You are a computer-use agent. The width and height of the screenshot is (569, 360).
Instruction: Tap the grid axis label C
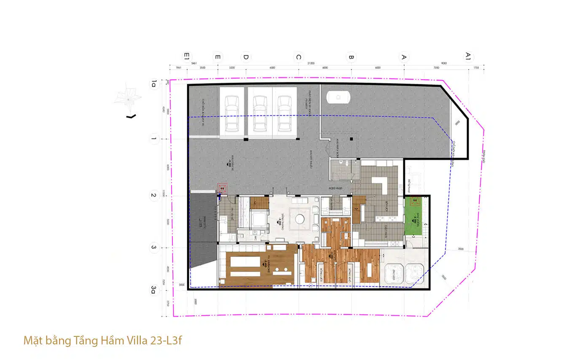tap(298, 57)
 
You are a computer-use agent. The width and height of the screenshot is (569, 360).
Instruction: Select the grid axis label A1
tap(468, 56)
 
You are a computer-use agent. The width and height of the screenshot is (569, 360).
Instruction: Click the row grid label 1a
tap(154, 85)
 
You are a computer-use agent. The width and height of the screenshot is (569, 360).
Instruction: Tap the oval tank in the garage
tap(338, 97)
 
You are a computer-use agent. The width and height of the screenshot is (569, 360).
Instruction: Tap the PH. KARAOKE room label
tap(268, 263)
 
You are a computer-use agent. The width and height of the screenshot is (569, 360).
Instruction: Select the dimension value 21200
tap(311, 63)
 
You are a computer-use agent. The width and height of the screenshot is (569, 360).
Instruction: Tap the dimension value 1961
tap(178, 67)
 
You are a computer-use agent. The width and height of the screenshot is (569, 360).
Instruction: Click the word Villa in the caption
tap(137, 340)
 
